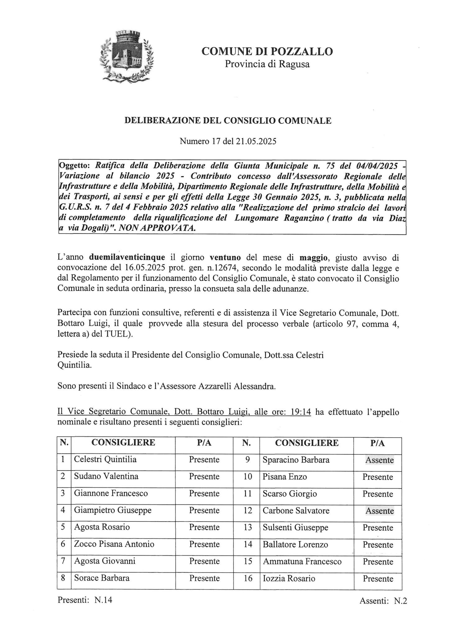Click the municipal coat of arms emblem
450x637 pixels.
[x=128, y=56]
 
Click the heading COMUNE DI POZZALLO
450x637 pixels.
[x=267, y=51]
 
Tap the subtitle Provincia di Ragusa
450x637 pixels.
[x=267, y=64]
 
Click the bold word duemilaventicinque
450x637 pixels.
[x=127, y=258]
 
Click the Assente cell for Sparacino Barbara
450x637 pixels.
[x=379, y=460]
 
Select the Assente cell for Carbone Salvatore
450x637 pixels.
[x=379, y=511]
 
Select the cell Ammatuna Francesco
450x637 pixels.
[x=302, y=561]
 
